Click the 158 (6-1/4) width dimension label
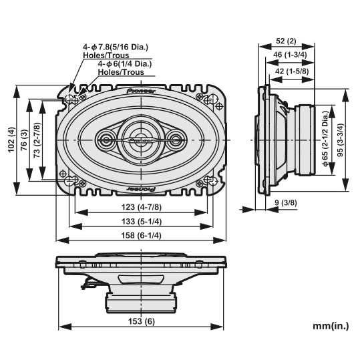(141, 235)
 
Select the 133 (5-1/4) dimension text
(142, 222)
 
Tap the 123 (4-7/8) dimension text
(142, 207)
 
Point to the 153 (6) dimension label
(142, 321)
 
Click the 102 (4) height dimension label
(11, 140)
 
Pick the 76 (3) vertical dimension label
(24, 140)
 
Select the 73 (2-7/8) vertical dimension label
(37, 140)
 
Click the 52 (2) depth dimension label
(286, 41)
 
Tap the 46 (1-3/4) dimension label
(290, 55)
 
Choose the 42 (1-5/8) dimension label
(292, 71)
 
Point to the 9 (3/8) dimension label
(286, 203)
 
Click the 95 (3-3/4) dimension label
(341, 140)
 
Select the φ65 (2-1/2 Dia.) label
(326, 138)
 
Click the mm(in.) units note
(331, 326)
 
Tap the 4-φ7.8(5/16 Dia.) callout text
(116, 47)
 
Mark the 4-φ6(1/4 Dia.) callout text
(125, 63)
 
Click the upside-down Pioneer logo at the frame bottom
(141, 189)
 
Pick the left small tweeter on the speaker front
(106, 140)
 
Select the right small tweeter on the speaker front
(175, 140)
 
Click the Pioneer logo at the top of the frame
(141, 91)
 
